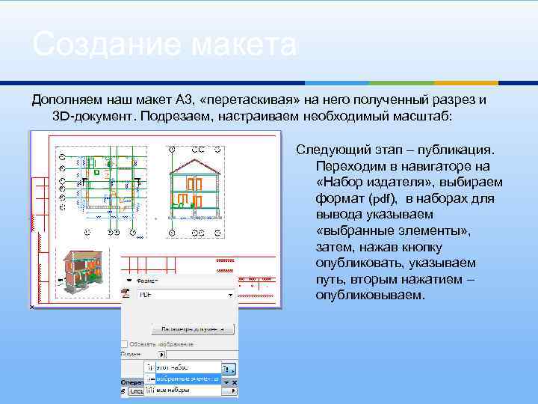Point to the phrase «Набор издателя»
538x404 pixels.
point(409,183)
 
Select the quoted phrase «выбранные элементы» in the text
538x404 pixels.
point(393,231)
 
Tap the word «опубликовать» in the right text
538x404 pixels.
point(354,263)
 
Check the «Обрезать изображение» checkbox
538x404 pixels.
point(125,344)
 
